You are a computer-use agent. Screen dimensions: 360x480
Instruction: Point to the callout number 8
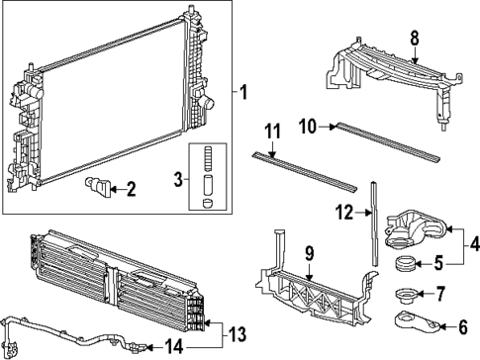pyautogui.click(x=415, y=38)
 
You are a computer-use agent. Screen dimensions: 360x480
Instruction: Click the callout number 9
pyautogui.click(x=310, y=254)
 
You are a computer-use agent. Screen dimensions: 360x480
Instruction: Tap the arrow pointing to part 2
pyautogui.click(x=116, y=187)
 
